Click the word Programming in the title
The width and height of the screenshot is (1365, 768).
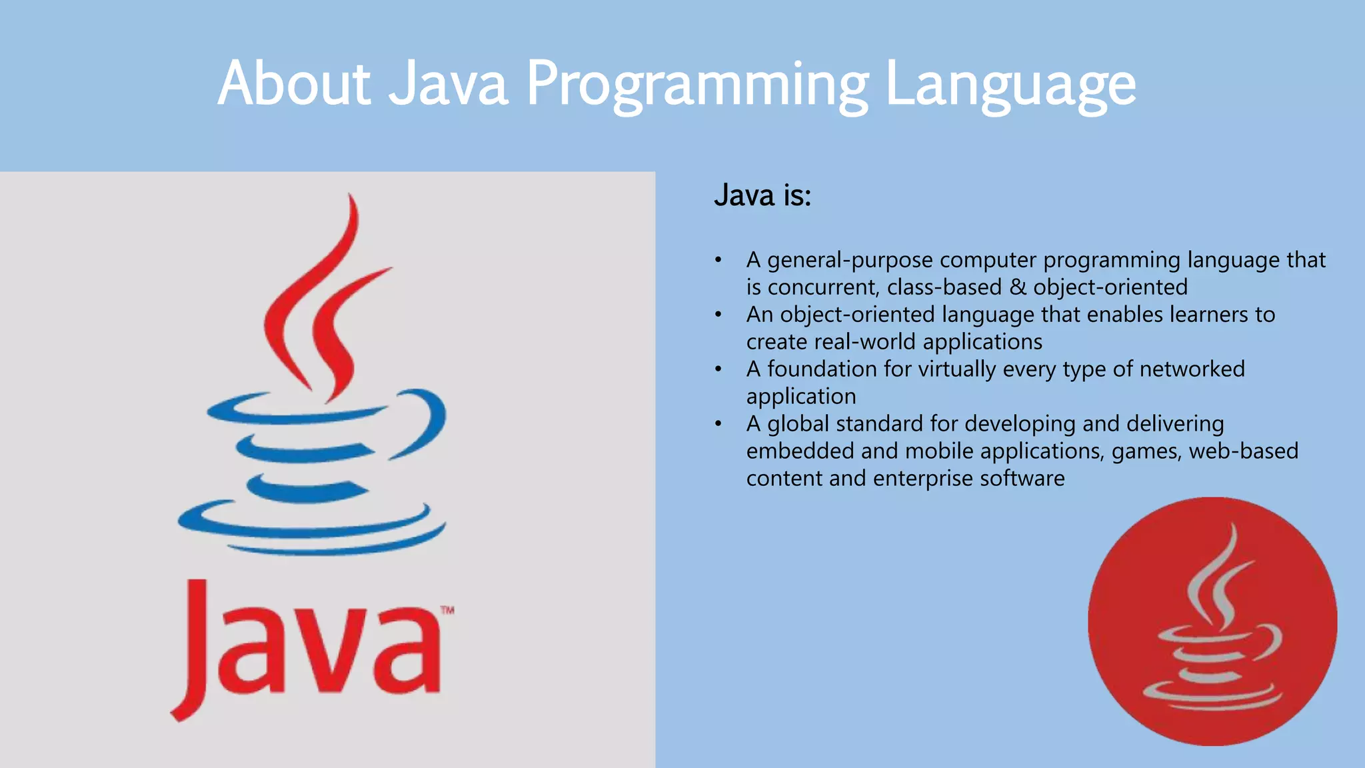pos(697,85)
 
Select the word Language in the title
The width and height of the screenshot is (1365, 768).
pos(1010,85)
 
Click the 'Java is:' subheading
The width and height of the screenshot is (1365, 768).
pos(762,195)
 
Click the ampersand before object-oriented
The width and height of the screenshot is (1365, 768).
pos(1017,287)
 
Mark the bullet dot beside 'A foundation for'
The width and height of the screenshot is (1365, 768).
pos(718,369)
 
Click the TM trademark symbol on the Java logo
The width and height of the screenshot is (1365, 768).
pos(447,609)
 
